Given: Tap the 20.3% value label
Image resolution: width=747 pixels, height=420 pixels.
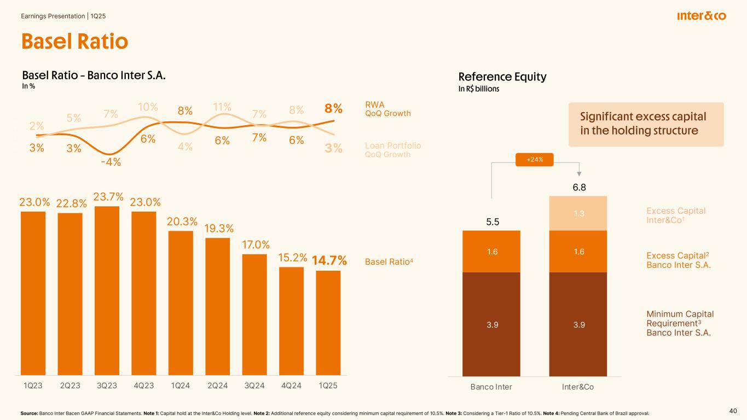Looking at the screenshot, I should (x=181, y=221).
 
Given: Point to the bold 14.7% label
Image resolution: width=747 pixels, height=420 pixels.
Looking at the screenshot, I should (x=329, y=261).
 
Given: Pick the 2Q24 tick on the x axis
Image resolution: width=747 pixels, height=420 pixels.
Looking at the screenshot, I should (x=217, y=386).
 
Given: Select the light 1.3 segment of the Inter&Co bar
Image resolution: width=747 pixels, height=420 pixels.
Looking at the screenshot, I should (x=578, y=213).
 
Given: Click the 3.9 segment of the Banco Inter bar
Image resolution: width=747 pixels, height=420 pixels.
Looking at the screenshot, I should (x=491, y=324).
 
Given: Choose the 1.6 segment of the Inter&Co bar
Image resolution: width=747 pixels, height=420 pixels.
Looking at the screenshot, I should (x=578, y=251).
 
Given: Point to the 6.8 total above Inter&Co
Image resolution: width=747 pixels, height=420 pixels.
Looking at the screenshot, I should (x=578, y=188).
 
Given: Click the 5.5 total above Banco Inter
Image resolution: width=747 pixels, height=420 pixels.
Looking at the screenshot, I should (x=491, y=222).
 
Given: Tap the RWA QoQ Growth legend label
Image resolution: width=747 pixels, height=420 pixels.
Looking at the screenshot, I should (x=387, y=108).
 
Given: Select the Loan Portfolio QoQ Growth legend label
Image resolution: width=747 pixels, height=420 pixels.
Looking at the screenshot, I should (x=393, y=150).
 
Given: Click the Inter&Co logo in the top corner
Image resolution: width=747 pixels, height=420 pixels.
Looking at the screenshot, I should (x=701, y=16).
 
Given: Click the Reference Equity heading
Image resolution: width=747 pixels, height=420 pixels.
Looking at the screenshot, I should (x=502, y=77).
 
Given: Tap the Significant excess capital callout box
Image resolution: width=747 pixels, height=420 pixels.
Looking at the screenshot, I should (x=646, y=124).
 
